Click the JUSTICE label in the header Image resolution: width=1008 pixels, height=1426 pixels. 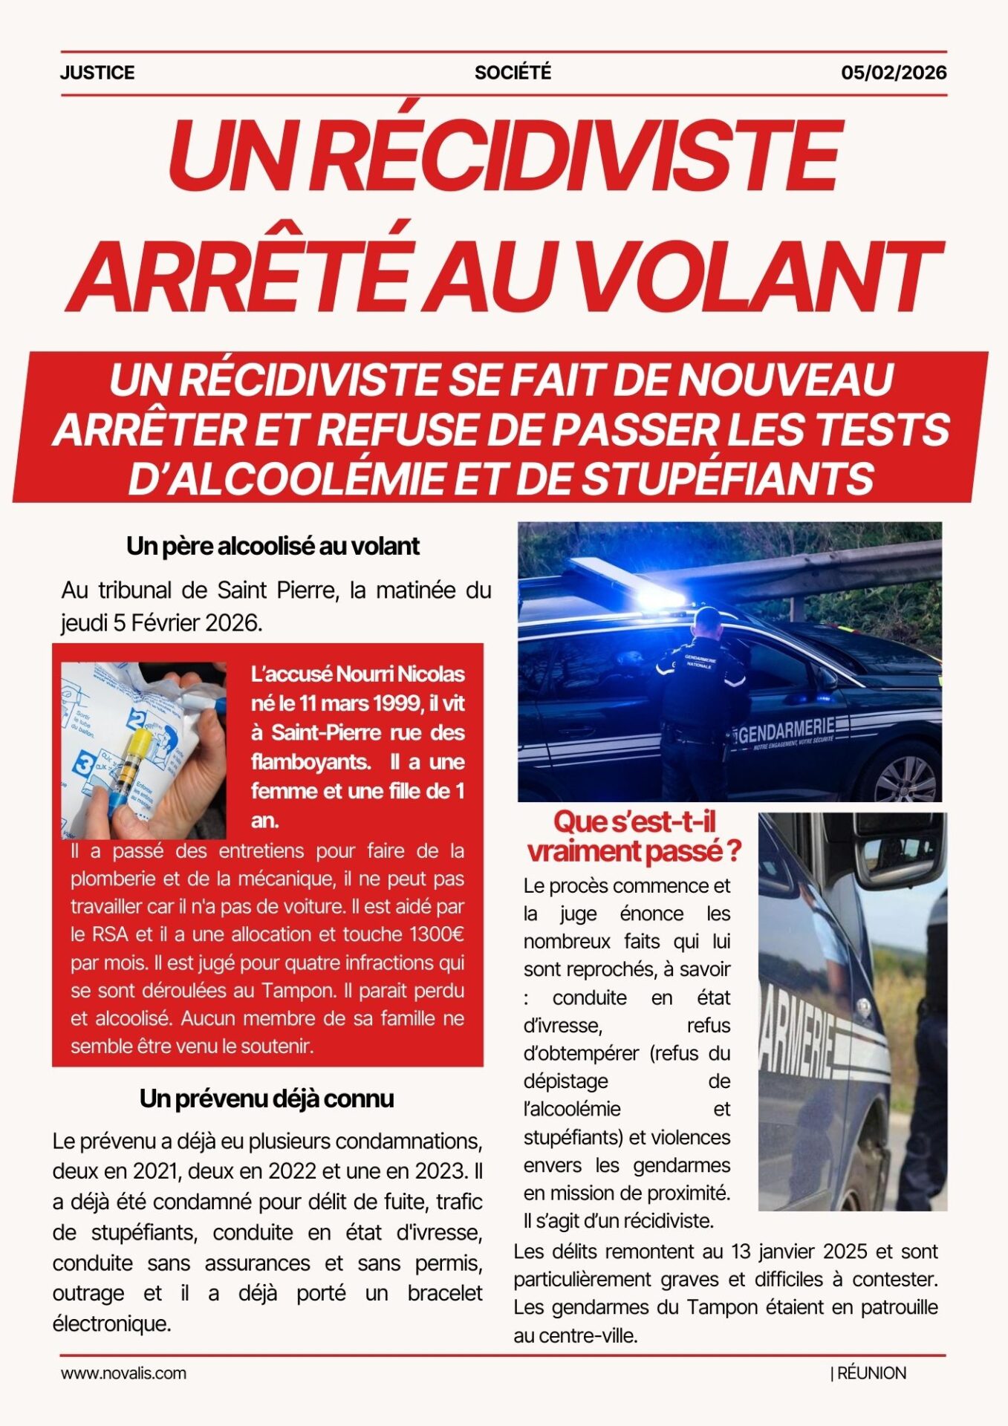[x=97, y=73]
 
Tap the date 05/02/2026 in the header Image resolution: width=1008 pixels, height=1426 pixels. [x=894, y=73]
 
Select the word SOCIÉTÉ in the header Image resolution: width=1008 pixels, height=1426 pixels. [x=513, y=73]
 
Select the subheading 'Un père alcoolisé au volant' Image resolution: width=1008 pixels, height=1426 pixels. [x=273, y=546]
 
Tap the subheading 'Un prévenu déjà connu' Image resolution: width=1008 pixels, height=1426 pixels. [x=267, y=1098]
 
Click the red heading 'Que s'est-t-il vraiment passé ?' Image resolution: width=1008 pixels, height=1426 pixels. [x=634, y=836]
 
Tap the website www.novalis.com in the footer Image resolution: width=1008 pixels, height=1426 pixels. [x=123, y=1373]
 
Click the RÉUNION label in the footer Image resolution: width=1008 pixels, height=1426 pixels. [x=871, y=1373]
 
